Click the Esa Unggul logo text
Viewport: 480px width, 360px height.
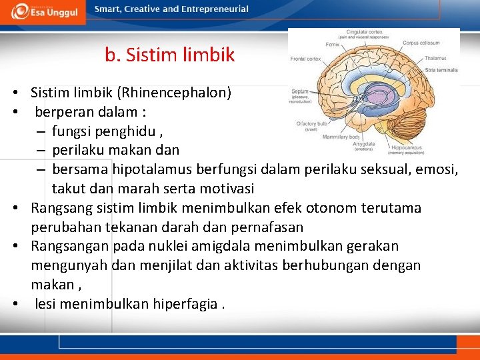pos(53,13)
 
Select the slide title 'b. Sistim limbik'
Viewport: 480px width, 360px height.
pos(169,55)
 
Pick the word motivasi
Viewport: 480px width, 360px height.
pos(225,189)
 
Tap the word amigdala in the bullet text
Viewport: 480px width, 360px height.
pos(208,246)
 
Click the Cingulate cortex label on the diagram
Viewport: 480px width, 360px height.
pos(363,32)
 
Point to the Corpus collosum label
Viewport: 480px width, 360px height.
pos(420,43)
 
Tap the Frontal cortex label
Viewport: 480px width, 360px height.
pos(306,59)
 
